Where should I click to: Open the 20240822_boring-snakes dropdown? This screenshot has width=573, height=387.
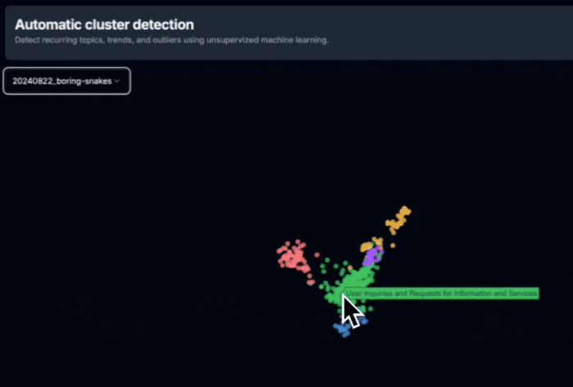point(66,81)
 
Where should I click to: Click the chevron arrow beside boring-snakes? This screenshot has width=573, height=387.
point(117,81)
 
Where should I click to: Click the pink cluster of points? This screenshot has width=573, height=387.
point(293,257)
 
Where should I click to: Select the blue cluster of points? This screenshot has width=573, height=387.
point(343,329)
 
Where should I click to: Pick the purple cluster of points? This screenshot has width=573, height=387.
point(371,256)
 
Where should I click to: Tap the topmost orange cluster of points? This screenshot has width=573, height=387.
point(399,218)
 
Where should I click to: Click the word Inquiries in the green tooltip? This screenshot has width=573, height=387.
point(378,293)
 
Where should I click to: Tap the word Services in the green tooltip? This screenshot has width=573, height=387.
point(521,293)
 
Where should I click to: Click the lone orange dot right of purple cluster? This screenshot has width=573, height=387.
point(393,244)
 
